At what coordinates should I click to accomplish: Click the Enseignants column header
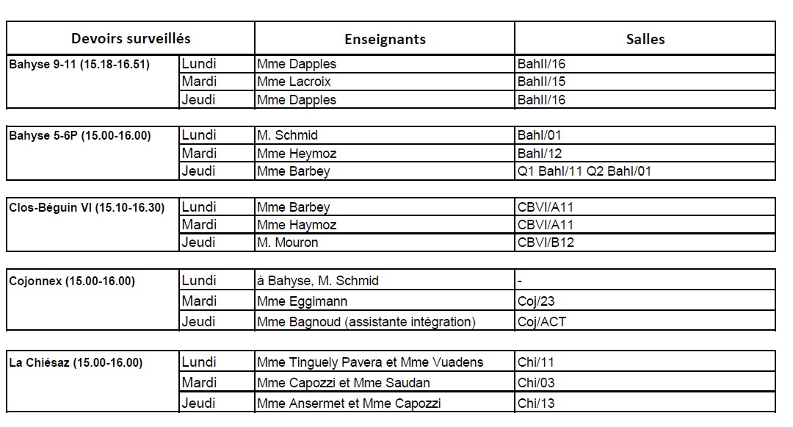click(x=385, y=39)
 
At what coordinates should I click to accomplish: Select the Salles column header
click(x=645, y=39)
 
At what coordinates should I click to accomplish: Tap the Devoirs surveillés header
click(x=131, y=38)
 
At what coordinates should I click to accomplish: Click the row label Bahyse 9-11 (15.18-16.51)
click(x=79, y=65)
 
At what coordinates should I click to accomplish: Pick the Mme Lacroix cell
click(x=294, y=82)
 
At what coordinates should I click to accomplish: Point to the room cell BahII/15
click(x=542, y=82)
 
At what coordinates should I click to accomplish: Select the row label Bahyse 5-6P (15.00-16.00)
click(x=80, y=136)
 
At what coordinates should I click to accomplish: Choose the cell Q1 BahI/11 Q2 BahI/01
click(x=584, y=171)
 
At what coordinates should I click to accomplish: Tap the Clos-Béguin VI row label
click(x=87, y=207)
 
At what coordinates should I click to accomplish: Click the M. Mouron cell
click(x=288, y=243)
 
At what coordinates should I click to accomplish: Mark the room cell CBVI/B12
click(x=546, y=243)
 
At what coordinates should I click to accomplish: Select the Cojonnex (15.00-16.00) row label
click(x=72, y=281)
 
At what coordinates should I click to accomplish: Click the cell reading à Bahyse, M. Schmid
click(x=317, y=281)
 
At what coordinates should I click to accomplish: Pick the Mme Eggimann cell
click(x=303, y=301)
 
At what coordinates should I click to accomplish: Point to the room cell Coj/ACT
click(x=542, y=322)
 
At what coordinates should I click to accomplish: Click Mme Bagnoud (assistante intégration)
click(x=366, y=322)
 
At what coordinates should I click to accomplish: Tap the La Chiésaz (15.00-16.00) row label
click(x=76, y=363)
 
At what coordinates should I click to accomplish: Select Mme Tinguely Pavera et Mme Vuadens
click(x=370, y=362)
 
